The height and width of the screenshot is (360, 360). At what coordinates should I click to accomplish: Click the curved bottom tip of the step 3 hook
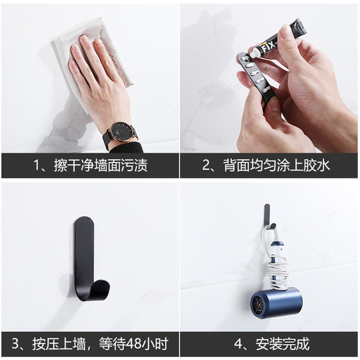102,292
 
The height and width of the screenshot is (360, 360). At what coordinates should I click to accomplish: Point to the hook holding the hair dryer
266,216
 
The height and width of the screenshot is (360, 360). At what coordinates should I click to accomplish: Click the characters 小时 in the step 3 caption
156,344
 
